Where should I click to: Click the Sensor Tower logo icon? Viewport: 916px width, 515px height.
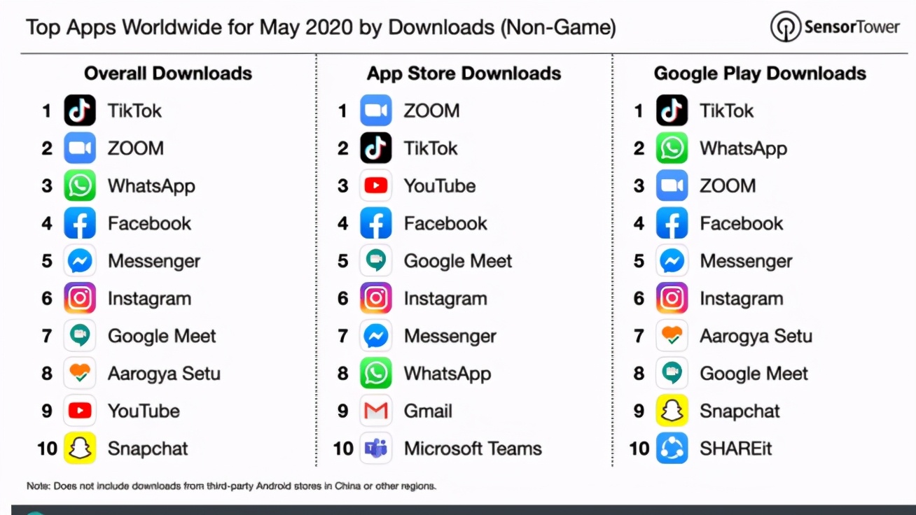[785, 27]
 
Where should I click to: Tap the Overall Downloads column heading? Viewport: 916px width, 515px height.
[168, 73]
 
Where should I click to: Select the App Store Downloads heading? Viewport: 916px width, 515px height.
[464, 73]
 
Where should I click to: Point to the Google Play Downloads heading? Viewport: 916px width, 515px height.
[760, 73]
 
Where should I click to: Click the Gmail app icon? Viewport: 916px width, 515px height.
[376, 411]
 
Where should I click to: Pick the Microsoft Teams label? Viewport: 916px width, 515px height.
[473, 449]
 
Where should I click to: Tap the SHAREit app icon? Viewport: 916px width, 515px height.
[672, 449]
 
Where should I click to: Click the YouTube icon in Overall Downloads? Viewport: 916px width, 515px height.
[80, 411]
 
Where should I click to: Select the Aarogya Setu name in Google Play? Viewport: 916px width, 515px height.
[756, 336]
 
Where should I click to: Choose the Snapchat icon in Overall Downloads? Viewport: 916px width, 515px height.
[80, 449]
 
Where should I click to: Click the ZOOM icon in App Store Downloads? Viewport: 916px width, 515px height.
[376, 111]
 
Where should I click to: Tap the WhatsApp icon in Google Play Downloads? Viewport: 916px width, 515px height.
[672, 148]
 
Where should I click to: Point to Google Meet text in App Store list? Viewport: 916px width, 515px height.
[458, 261]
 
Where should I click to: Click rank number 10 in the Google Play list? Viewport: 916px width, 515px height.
[639, 449]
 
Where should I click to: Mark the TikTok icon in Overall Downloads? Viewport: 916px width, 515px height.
[80, 111]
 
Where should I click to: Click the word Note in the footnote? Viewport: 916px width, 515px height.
[37, 486]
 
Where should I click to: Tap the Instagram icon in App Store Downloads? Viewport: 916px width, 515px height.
[376, 299]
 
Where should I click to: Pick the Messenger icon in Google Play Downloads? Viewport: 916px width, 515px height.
[672, 261]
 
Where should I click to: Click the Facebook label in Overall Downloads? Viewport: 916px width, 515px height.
[149, 223]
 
